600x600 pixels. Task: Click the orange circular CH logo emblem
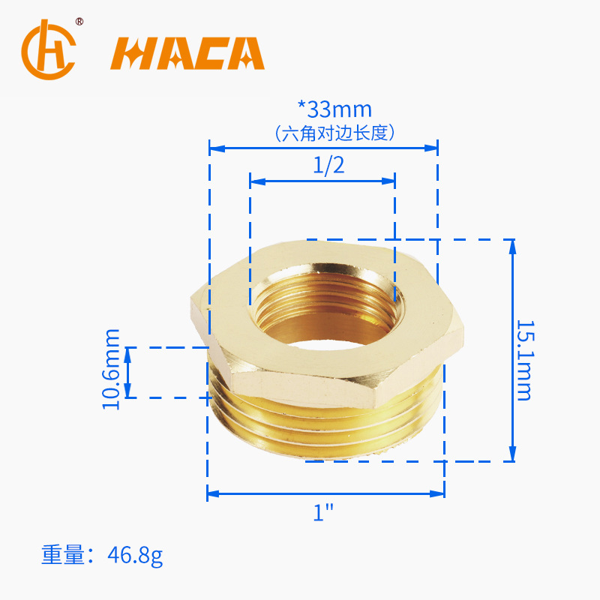click(49, 49)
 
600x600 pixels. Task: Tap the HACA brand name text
click(187, 53)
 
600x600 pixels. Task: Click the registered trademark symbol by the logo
click(79, 22)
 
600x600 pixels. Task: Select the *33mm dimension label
click(334, 109)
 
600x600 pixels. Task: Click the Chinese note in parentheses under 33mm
click(334, 133)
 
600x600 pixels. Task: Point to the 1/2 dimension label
click(328, 165)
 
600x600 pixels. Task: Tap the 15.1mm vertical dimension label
click(524, 360)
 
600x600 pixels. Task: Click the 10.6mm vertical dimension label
click(111, 369)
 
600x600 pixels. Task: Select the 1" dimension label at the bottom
click(323, 512)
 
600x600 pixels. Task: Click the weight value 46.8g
click(135, 555)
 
